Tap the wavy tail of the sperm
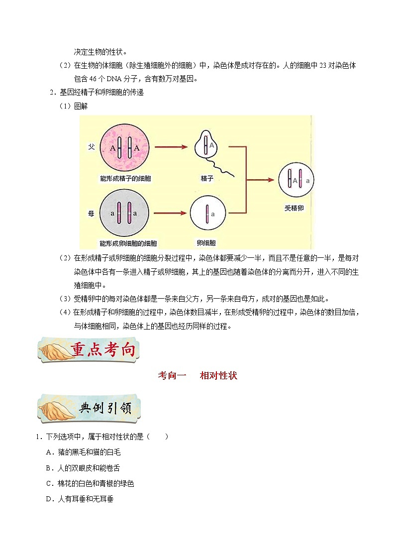click(223, 167)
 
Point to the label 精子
click(207, 178)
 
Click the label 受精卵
click(294, 208)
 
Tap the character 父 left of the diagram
click(91, 148)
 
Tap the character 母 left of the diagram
click(91, 214)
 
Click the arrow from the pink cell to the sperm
click(171, 147)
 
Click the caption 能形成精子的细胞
click(125, 178)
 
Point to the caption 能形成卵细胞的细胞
click(128, 243)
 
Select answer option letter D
click(49, 499)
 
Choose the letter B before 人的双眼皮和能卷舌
click(49, 468)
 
